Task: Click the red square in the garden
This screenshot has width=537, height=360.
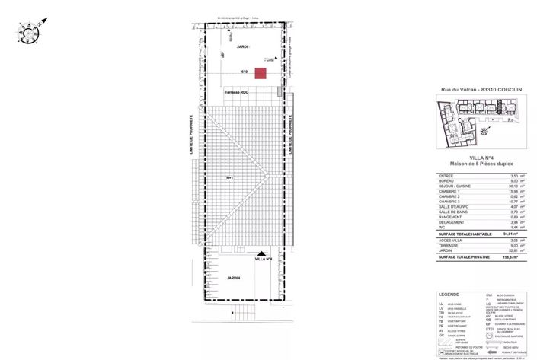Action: tap(261, 74)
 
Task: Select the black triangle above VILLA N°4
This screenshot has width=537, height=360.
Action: tap(261, 254)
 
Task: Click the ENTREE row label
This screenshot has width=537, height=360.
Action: tap(446, 176)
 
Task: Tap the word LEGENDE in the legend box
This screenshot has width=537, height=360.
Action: tap(449, 294)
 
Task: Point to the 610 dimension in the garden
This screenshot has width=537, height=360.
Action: tap(245, 72)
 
